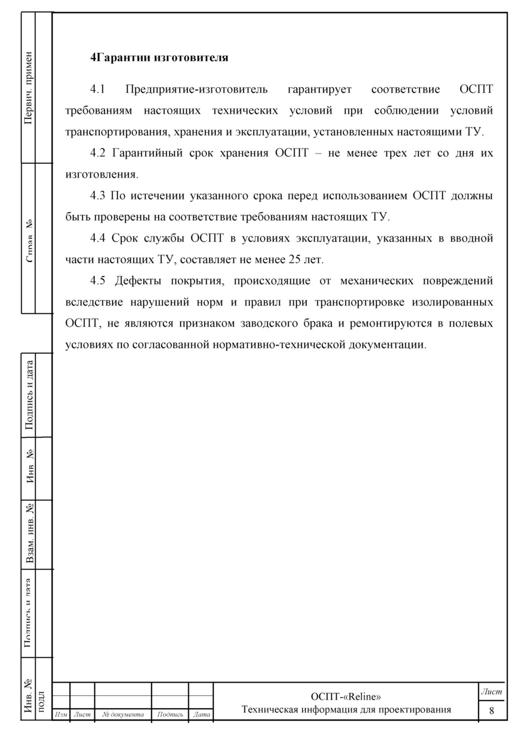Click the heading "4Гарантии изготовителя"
tap(159, 57)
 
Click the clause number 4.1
tap(97, 90)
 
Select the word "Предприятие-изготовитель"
tap(196, 90)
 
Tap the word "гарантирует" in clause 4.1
tap(319, 90)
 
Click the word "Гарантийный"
tap(147, 153)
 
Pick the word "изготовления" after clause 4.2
tap(101, 174)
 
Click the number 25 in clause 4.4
tap(295, 259)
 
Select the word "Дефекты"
tap(138, 280)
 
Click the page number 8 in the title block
tap(491, 710)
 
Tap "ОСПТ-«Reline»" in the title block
tap(346, 696)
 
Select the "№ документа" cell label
tap(123, 714)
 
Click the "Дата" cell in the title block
tap(202, 714)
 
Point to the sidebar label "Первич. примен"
tap(29, 88)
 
